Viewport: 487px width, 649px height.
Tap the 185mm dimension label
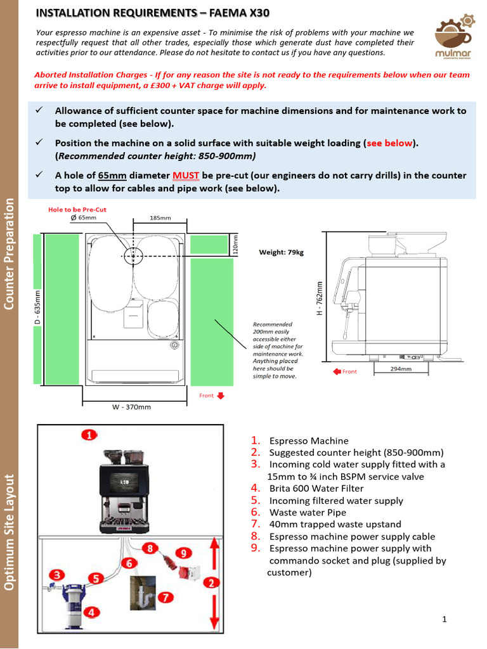(160, 218)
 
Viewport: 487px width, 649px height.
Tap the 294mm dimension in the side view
(401, 368)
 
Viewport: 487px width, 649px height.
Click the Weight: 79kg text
(281, 252)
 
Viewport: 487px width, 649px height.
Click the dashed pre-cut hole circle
(134, 256)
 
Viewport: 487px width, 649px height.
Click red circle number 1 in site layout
(89, 435)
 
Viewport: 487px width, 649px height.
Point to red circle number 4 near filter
(91, 612)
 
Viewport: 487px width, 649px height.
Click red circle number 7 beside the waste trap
(164, 597)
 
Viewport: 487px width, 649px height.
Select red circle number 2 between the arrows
(212, 582)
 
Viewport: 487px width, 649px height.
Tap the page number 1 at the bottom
(445, 619)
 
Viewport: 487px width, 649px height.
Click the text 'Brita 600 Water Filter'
(316, 489)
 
